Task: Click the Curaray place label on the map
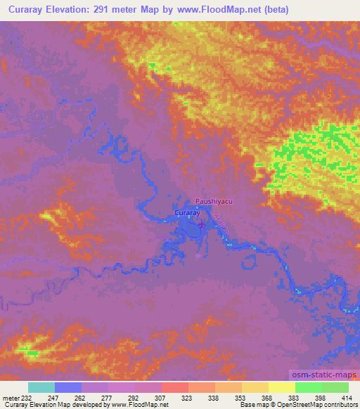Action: tap(188, 212)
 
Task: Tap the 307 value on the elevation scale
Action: tap(162, 398)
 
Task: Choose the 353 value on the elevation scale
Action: tap(241, 398)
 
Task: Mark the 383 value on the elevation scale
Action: tap(294, 398)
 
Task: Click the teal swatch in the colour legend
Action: tap(41, 387)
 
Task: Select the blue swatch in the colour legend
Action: tap(68, 387)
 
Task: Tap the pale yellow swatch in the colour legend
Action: tap(281, 387)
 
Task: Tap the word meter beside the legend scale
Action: tap(11, 398)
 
